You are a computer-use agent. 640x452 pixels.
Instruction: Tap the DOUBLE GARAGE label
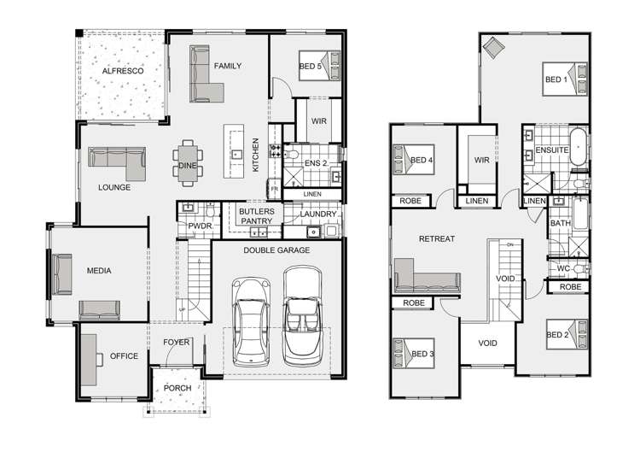[276, 250]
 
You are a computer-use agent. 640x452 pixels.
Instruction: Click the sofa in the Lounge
[119, 158]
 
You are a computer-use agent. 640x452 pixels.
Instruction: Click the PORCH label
[177, 389]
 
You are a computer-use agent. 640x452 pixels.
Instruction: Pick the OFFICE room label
[124, 356]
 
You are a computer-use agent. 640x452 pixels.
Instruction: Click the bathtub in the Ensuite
[579, 150]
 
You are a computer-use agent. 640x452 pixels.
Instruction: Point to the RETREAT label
[435, 239]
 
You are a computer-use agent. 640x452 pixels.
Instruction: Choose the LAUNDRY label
[317, 214]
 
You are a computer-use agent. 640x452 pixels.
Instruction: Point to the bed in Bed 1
[566, 79]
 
